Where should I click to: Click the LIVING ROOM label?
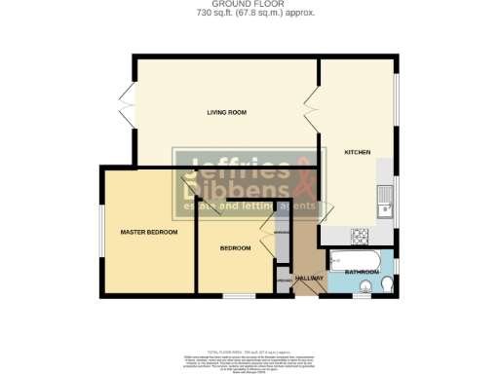coord(223,113)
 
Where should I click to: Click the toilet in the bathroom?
coord(386,285)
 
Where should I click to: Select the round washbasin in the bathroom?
coord(365,286)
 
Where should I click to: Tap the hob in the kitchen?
coord(360,236)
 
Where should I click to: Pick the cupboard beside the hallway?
coord(283,280)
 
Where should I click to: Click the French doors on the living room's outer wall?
coord(125,105)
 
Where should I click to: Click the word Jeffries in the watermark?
coord(225,167)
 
